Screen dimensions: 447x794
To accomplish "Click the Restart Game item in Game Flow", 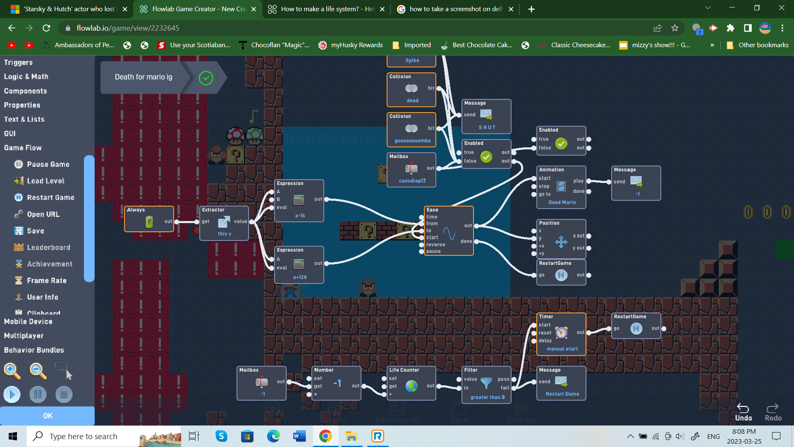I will pyautogui.click(x=50, y=198).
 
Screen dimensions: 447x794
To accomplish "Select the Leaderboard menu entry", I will pyautogui.click(x=48, y=248).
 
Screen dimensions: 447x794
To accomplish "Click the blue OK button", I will pyautogui.click(x=48, y=416).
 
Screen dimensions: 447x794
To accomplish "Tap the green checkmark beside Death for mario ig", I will pyautogui.click(x=206, y=78).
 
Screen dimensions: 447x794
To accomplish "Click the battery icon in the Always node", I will pyautogui.click(x=149, y=222).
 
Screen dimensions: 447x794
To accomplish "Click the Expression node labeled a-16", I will pyautogui.click(x=299, y=201).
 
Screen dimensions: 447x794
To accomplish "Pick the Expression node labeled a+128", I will pyautogui.click(x=299, y=265).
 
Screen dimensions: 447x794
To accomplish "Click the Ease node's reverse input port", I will pyautogui.click(x=421, y=245).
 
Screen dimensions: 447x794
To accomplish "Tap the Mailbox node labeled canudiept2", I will pyautogui.click(x=411, y=170).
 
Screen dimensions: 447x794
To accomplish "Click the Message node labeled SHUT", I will pyautogui.click(x=486, y=116).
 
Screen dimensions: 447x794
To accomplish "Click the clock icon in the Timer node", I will pyautogui.click(x=561, y=333).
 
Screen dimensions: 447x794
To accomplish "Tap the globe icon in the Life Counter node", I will pyautogui.click(x=411, y=386).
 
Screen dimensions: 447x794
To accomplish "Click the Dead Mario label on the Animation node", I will pyautogui.click(x=562, y=202).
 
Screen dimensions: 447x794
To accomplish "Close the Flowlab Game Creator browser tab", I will pyautogui.click(x=254, y=9).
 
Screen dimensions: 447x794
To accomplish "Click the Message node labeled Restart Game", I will pyautogui.click(x=561, y=383).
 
